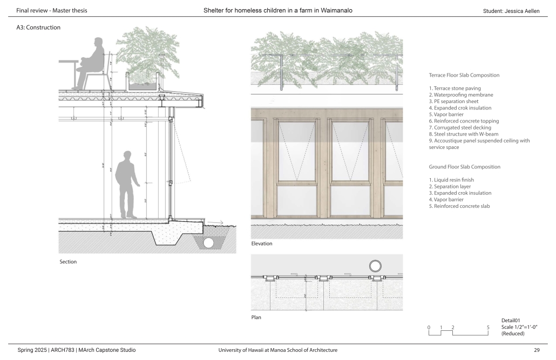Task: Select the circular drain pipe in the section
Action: pos(208,243)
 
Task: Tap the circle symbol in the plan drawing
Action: pos(375,266)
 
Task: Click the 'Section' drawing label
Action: pos(68,262)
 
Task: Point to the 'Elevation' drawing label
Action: pos(262,244)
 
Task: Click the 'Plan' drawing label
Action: pos(256,317)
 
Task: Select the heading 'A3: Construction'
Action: pos(38,28)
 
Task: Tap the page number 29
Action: pos(537,350)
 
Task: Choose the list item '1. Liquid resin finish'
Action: pos(455,180)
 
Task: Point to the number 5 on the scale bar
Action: pos(488,328)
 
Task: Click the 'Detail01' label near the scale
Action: pos(511,321)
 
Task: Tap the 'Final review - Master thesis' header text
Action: pos(52,11)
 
